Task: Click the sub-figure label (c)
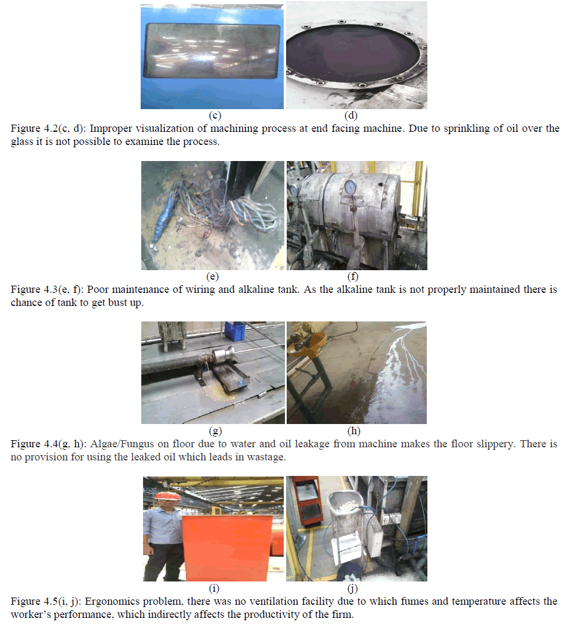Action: (x=215, y=115)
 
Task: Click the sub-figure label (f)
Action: (x=352, y=276)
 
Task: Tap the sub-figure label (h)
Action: (x=354, y=431)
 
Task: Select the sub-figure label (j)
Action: (x=352, y=589)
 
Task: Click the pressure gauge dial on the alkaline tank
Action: (x=350, y=187)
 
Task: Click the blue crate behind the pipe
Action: (x=235, y=331)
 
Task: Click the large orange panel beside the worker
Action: (x=227, y=547)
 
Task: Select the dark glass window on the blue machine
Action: (x=212, y=51)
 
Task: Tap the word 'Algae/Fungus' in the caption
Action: (x=122, y=444)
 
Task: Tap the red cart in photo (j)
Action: (x=309, y=501)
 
